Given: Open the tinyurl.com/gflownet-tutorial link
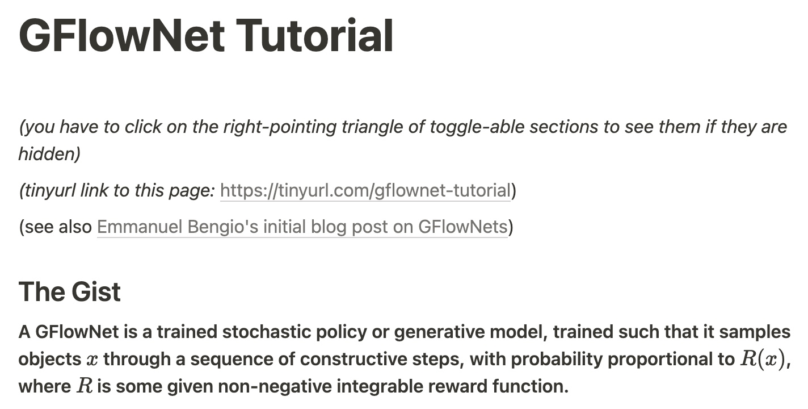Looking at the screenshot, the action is (x=365, y=190).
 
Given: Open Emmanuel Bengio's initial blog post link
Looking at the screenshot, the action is (x=302, y=227).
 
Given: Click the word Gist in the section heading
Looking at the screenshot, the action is (x=95, y=291).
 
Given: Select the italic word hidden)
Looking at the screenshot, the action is (x=49, y=154).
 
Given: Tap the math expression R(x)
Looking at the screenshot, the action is (x=762, y=359).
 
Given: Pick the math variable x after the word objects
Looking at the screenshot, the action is (x=92, y=360).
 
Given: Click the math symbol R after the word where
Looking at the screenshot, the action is (x=85, y=386).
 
